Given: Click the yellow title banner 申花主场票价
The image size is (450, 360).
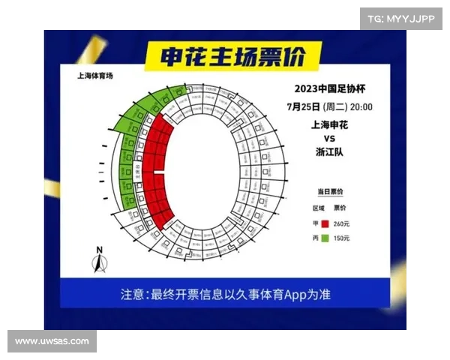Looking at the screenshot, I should tap(231, 57).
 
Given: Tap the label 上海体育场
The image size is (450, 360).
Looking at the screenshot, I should tap(95, 76).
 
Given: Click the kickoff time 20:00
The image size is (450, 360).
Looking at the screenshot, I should tap(360, 106).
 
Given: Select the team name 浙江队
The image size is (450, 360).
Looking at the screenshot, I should tap(330, 152).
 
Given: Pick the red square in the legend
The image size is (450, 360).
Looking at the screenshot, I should tap(325, 223).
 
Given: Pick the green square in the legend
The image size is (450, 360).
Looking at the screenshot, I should tap(325, 238).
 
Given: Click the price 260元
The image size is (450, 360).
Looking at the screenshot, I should tap(342, 223).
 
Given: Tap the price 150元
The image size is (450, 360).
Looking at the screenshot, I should tap(342, 238).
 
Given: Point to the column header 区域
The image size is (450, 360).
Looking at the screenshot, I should tap(319, 208).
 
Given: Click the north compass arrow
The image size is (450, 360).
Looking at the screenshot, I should tap(99, 262).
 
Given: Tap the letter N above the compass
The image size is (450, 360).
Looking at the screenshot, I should tap(99, 250).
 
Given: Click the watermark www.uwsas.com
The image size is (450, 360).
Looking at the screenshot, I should tap(52, 341).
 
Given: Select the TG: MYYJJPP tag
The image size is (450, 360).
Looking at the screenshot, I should tap(401, 18).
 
